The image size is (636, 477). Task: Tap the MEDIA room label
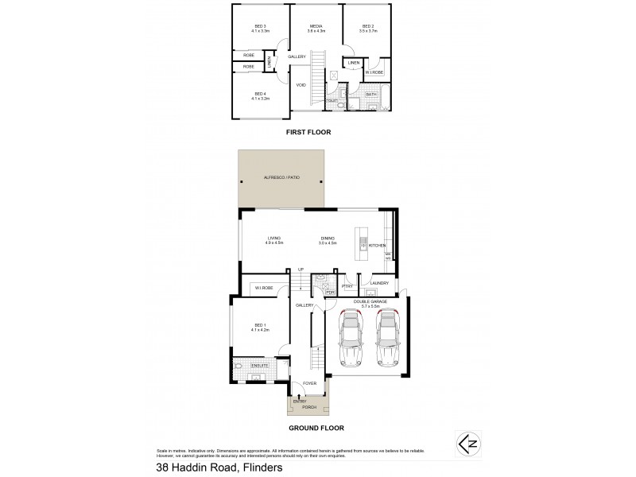[x=316, y=27]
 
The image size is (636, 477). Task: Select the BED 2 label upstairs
[x=367, y=27]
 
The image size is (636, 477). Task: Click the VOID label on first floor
[x=301, y=84]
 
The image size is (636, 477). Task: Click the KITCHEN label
[x=377, y=246]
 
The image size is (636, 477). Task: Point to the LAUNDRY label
[x=379, y=283]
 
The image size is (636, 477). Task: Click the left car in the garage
[x=351, y=337]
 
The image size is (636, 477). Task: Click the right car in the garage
[x=386, y=337]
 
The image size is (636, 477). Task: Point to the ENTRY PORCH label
[x=304, y=404]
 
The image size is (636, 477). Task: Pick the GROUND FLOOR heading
[x=316, y=428]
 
